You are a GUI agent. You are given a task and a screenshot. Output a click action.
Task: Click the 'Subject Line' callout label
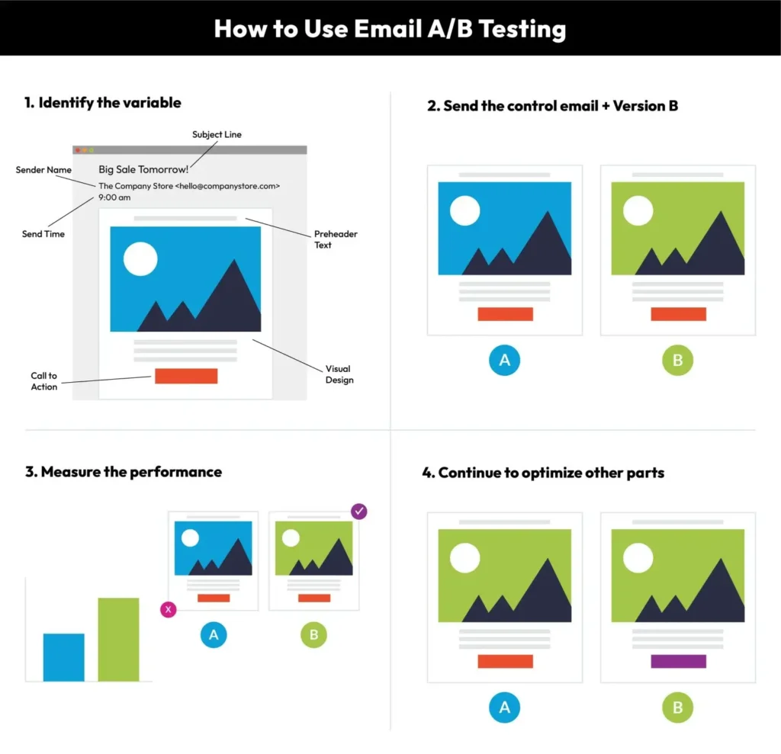(217, 134)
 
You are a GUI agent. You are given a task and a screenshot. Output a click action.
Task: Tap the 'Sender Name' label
(43, 170)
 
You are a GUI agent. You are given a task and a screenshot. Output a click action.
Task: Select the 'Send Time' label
(43, 234)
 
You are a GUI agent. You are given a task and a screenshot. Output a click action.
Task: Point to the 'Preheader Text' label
(336, 239)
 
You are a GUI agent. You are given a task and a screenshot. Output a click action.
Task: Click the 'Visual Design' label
(339, 374)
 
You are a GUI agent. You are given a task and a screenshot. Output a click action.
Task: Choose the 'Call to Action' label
(43, 381)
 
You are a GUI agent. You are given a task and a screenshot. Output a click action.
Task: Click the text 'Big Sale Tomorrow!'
(143, 170)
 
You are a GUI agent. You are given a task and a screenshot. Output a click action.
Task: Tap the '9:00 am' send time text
(114, 197)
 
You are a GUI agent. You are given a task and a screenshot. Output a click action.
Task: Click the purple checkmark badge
(359, 511)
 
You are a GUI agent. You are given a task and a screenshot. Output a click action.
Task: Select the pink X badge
(169, 609)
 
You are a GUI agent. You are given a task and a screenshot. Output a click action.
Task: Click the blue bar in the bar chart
(64, 657)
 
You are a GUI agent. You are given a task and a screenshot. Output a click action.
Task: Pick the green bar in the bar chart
(118, 640)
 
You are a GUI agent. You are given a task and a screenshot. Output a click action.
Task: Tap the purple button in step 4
(678, 661)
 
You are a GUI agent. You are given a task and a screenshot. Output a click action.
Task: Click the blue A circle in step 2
(505, 360)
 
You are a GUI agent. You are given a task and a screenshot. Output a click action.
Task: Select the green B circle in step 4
(677, 707)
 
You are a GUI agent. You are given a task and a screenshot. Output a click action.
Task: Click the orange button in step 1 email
(186, 376)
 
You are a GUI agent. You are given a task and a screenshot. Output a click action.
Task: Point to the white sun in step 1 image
(140, 259)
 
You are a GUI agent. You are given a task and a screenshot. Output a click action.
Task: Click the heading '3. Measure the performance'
(124, 472)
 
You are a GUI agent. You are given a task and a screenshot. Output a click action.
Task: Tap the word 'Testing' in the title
(522, 30)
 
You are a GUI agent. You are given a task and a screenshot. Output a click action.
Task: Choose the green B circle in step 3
(313, 635)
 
